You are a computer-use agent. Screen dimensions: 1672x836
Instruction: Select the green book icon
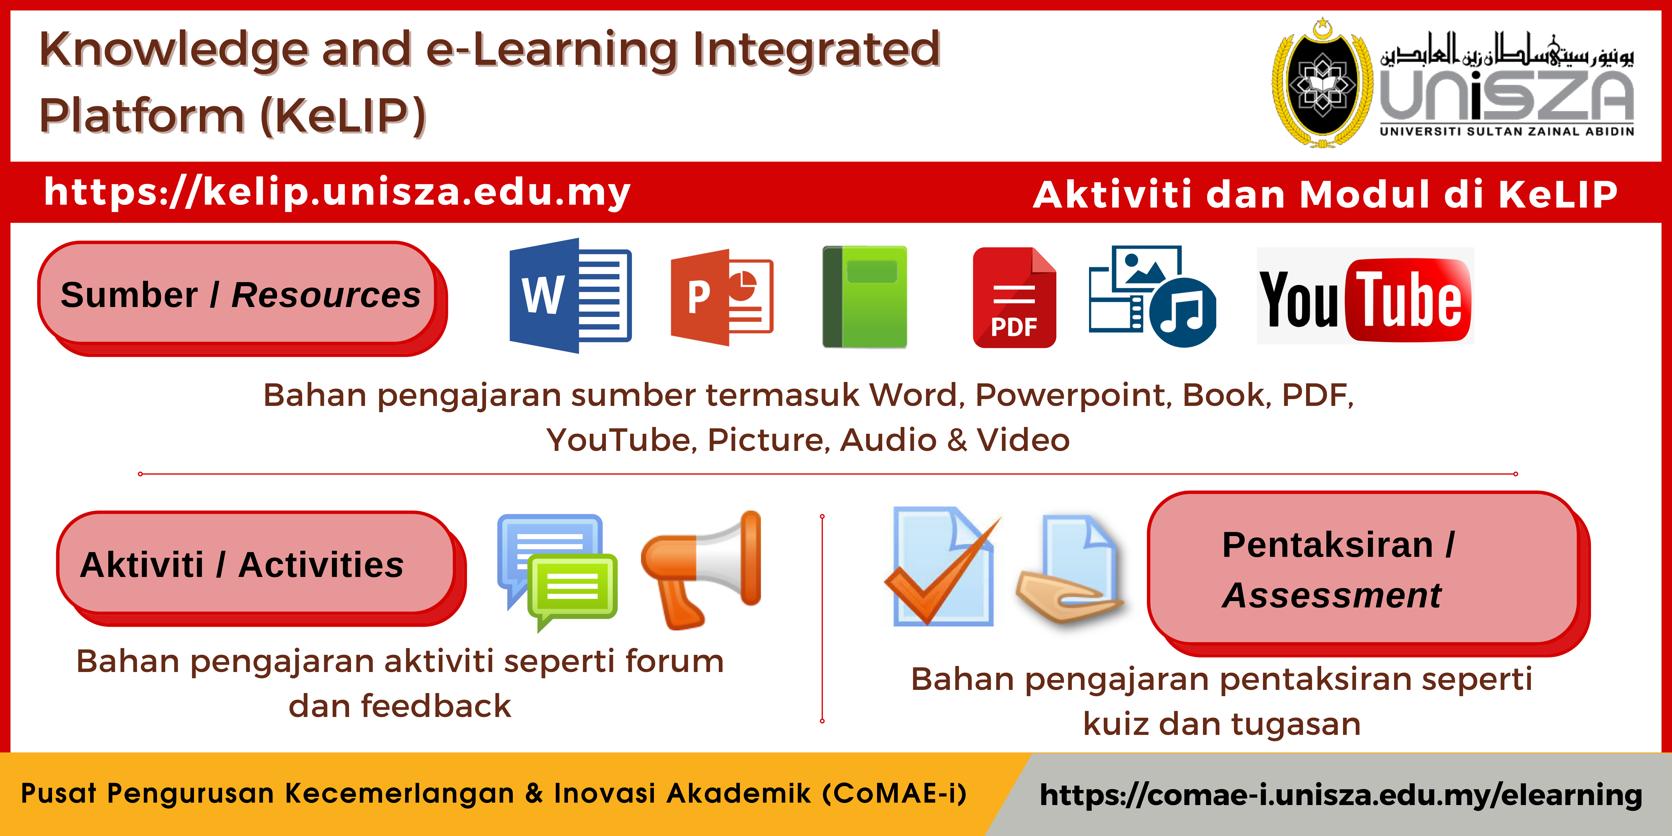click(865, 297)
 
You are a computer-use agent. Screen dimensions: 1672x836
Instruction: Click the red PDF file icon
click(1015, 297)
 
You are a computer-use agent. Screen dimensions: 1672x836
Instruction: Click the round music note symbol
click(1183, 312)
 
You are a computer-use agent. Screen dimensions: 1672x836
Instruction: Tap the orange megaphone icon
click(701, 570)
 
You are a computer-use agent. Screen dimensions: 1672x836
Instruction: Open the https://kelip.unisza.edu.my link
click(337, 192)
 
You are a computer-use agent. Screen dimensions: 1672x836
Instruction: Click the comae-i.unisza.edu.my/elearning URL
click(1341, 794)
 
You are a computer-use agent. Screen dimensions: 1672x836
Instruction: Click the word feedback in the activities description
click(436, 706)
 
